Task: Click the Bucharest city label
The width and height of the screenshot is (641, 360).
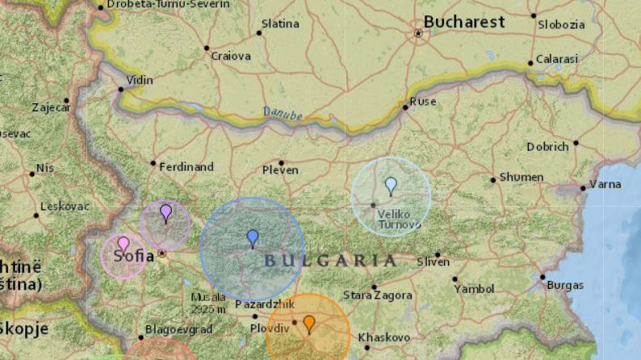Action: coord(464,22)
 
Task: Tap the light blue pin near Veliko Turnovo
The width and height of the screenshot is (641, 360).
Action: coord(391,186)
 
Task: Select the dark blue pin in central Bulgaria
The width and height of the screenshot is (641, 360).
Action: coord(253,237)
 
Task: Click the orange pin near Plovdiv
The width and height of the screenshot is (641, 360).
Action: coord(309,324)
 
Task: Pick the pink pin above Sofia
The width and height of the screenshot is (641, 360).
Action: coord(124,244)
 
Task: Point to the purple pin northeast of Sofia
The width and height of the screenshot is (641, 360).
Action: coord(165,212)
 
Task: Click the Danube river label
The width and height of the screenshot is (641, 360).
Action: coord(283,115)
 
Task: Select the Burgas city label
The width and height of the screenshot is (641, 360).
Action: coord(565,285)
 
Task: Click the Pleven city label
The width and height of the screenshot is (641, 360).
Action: coord(280,170)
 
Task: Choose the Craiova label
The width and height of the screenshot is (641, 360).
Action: coord(231,57)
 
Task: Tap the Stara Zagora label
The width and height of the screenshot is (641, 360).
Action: coord(378,295)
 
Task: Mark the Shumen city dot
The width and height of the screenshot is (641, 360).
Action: coord(493,179)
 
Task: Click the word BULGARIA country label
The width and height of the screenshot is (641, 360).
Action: coord(331,260)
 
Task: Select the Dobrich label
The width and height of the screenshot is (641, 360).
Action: coord(548,147)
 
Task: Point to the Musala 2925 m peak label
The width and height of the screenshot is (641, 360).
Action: coord(208,303)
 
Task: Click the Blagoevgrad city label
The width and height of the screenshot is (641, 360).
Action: coord(178,329)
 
